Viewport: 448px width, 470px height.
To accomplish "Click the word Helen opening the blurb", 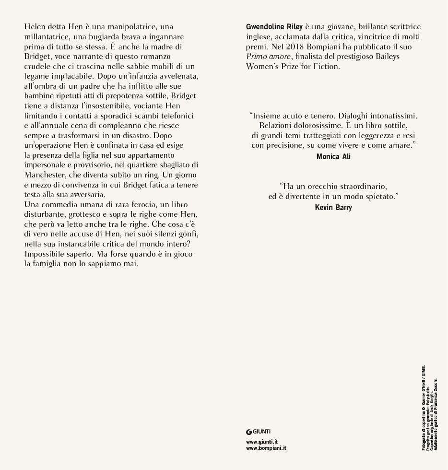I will click(x=35, y=27).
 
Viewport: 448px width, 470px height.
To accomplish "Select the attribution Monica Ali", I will click(x=333, y=157).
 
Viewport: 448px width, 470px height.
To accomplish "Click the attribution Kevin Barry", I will click(x=333, y=208).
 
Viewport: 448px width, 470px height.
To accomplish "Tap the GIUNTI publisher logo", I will click(x=259, y=432).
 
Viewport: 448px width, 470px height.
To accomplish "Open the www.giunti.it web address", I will click(x=262, y=442).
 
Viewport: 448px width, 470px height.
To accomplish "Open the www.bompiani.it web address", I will click(x=266, y=448).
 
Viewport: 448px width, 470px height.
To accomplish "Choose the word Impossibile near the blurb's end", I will click(x=47, y=254).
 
